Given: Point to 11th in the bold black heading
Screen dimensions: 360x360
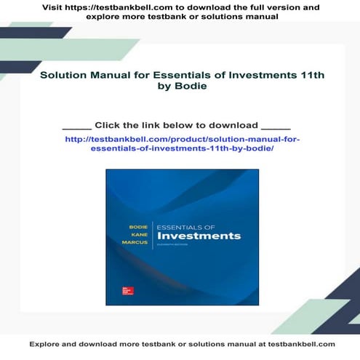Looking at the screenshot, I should (304, 74).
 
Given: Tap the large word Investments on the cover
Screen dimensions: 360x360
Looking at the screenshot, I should (199, 236).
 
